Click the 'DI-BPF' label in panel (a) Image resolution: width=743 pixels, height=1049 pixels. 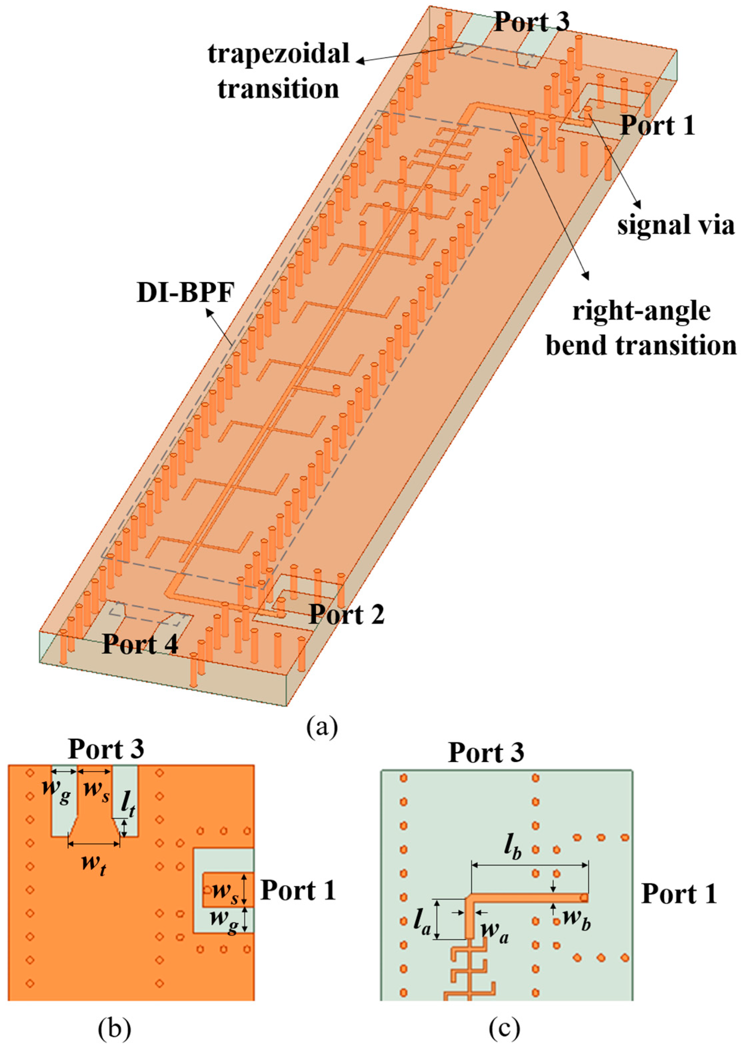[x=185, y=293]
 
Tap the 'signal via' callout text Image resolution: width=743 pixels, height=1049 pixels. [x=676, y=225]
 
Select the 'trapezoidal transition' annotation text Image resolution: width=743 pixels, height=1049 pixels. [x=279, y=71]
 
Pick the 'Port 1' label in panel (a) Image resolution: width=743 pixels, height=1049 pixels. [x=657, y=125]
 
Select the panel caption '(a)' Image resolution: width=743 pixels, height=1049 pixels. [x=323, y=726]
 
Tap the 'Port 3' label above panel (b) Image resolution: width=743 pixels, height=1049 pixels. [x=106, y=749]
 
